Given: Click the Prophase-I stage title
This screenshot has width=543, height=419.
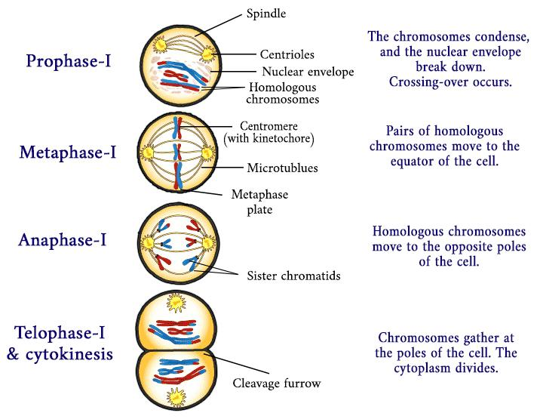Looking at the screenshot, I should (69, 60).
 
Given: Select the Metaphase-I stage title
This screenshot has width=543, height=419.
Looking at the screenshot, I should (68, 153).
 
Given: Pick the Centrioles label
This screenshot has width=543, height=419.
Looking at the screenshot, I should (287, 54).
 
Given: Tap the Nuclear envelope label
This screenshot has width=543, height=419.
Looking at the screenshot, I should (305, 72).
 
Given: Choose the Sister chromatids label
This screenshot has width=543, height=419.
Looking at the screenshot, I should (293, 276).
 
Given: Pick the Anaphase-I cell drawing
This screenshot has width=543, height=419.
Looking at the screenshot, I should (177, 243).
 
